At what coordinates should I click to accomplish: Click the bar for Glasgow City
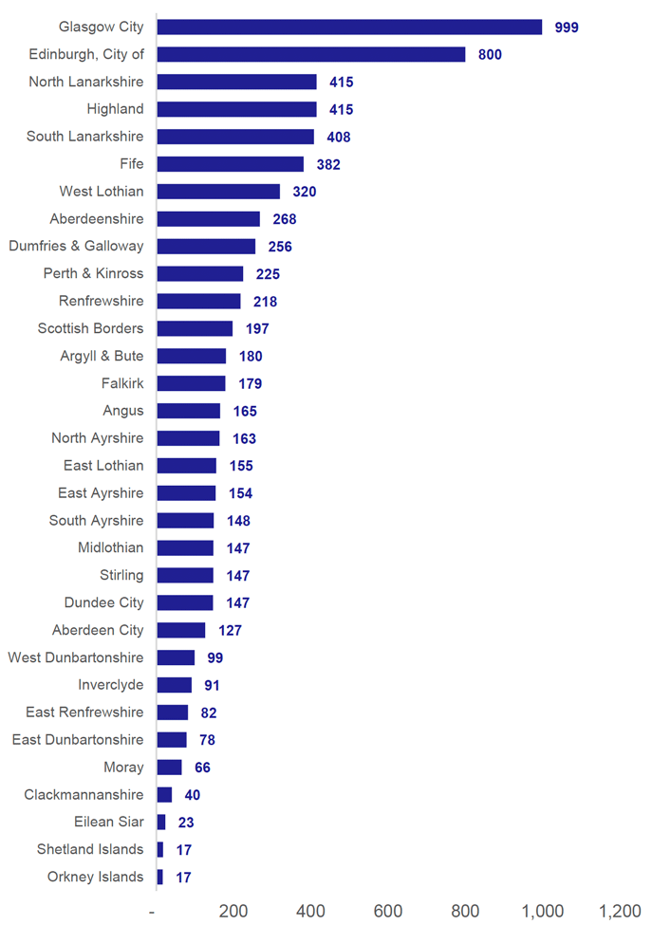(349, 27)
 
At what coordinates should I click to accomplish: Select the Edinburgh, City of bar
(311, 54)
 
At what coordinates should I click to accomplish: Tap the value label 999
(567, 28)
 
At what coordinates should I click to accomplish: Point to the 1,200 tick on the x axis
(621, 911)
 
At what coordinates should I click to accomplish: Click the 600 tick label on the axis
(388, 911)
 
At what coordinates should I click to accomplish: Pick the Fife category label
(132, 164)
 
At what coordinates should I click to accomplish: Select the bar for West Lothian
(218, 192)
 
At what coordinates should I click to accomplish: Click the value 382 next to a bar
(328, 165)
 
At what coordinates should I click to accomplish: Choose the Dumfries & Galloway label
(76, 246)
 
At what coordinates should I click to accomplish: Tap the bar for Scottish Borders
(195, 328)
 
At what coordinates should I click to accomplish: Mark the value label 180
(251, 357)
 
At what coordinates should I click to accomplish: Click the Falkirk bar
(191, 383)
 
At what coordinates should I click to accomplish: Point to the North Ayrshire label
(98, 438)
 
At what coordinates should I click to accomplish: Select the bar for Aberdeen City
(181, 630)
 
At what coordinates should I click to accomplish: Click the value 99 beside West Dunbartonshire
(215, 658)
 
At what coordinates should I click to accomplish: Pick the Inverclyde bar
(175, 685)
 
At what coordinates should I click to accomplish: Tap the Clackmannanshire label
(84, 795)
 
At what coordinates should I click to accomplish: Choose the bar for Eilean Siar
(161, 823)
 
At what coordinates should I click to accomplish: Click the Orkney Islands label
(96, 877)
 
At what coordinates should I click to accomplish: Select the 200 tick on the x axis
(233, 911)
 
